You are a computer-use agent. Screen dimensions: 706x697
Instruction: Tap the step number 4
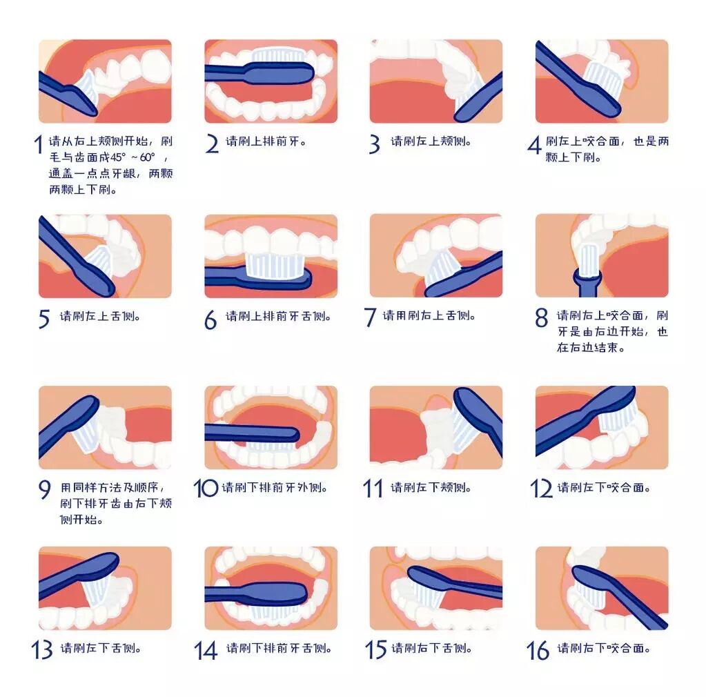tap(534, 146)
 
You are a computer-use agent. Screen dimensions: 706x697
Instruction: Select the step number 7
tap(370, 317)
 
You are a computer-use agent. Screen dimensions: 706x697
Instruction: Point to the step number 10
tap(206, 488)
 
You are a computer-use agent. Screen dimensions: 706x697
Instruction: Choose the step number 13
tap(42, 649)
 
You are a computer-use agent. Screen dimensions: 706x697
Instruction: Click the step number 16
tap(538, 650)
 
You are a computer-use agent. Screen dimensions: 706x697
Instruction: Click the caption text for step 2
tap(266, 141)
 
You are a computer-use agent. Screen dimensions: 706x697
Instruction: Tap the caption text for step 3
tap(431, 141)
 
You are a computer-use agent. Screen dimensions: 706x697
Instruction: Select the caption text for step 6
tap(279, 316)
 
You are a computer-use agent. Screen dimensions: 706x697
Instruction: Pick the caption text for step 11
tap(431, 487)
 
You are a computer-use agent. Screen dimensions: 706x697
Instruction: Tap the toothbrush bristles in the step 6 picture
tap(274, 265)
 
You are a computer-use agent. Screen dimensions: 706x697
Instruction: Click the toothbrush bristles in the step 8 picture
tap(588, 259)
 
